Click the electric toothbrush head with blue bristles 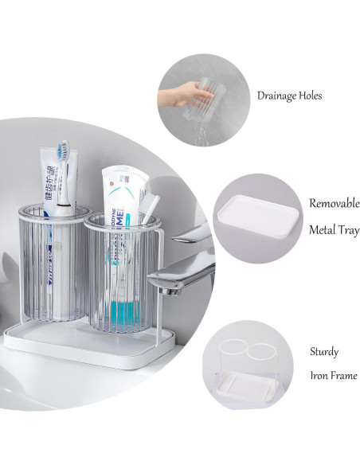61,152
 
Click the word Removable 334,203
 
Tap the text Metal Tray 334,230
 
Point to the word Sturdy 324,350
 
